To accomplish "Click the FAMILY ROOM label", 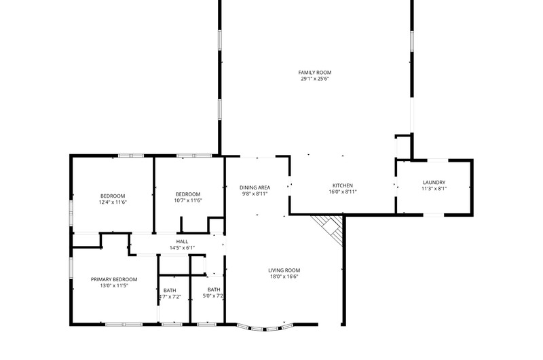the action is tap(315, 73).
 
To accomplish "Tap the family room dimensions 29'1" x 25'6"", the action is tap(315, 79).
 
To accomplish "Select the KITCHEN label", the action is tap(343, 185).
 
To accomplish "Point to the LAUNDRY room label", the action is tap(434, 182).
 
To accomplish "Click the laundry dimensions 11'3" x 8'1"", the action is tap(434, 188).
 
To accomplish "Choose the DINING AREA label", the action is tap(255, 187).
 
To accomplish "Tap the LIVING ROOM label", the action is tap(284, 270).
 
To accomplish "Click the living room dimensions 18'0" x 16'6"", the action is tap(284, 276).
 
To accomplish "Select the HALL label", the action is tap(182, 242).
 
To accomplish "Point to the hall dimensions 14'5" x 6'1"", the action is tap(182, 248).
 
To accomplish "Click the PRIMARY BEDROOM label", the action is tap(114, 279).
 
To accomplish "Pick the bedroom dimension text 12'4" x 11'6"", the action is tap(113, 202).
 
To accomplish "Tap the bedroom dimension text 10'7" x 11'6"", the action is tap(188, 200).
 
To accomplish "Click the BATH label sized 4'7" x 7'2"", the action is tap(170, 290).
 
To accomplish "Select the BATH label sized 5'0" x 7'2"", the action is tap(214, 289).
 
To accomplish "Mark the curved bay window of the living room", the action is tap(265, 327).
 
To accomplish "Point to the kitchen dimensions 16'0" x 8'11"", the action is tap(343, 192).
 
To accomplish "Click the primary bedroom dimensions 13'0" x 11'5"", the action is tap(114, 285).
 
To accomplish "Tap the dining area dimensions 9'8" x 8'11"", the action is tap(255, 194).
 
